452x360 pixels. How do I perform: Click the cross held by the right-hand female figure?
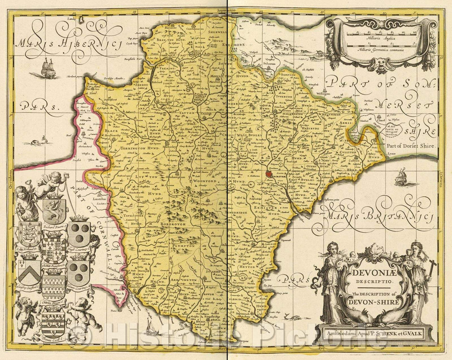pos(431,265)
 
